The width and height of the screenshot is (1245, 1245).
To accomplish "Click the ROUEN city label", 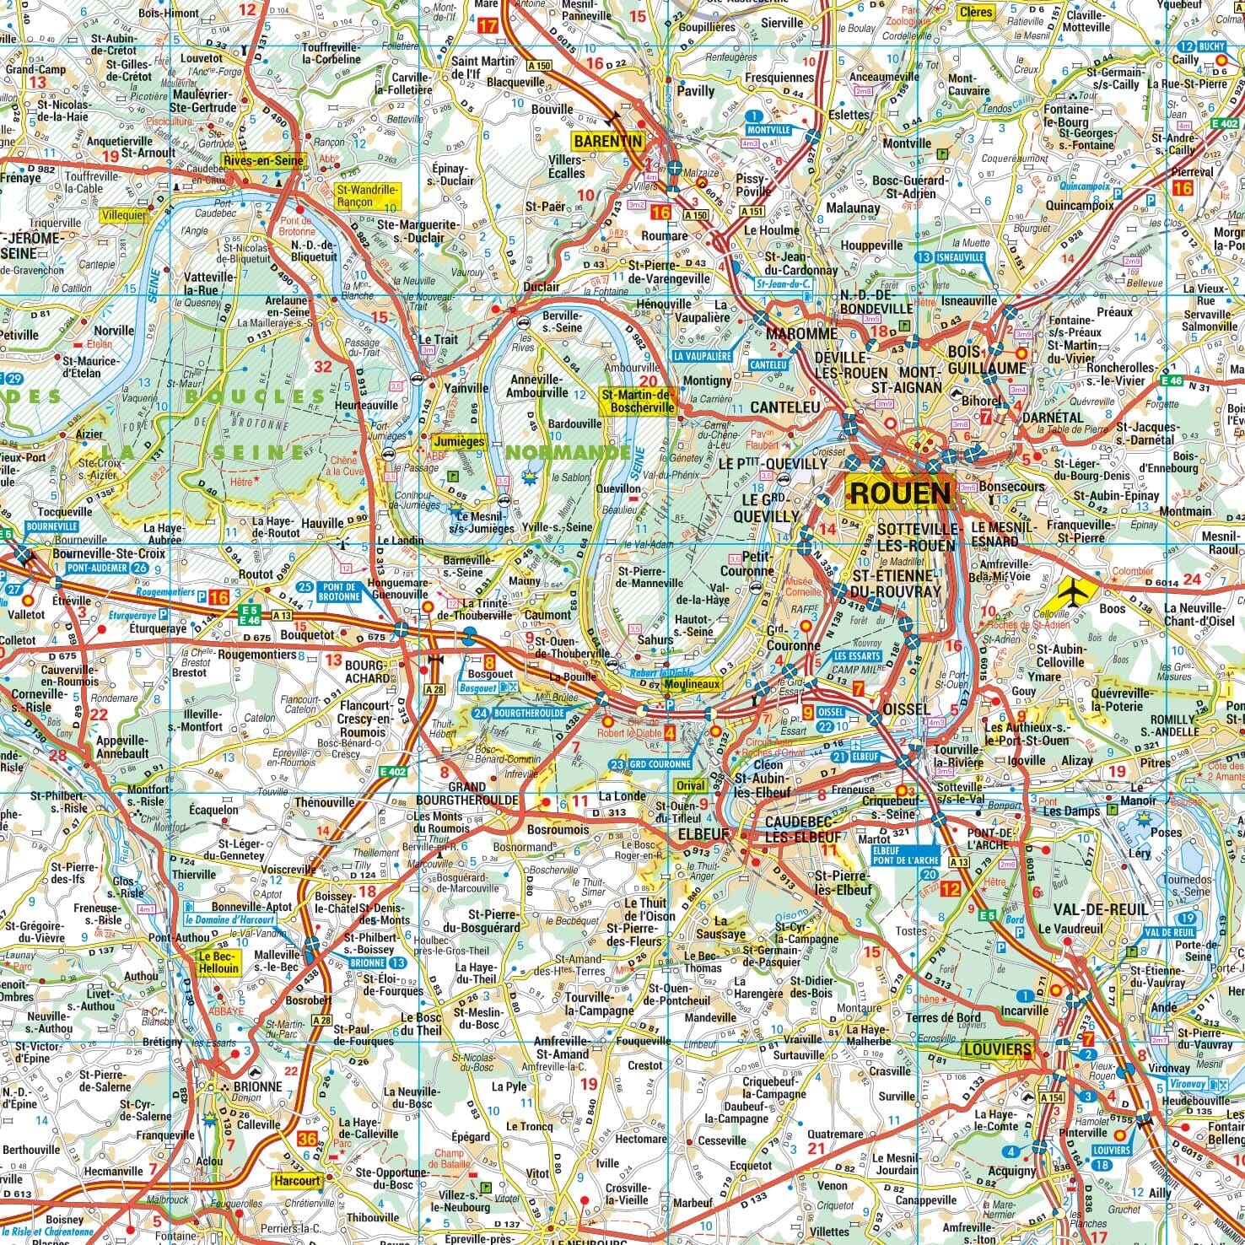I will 900,492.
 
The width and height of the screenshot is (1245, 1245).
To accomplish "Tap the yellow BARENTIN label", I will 607,141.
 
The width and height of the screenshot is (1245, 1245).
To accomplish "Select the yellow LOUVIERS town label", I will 997,1049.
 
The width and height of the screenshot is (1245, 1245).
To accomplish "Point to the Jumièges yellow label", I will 458,440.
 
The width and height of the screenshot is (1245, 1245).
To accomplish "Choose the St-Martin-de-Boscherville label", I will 639,401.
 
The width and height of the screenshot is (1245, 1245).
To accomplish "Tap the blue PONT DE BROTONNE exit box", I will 337,591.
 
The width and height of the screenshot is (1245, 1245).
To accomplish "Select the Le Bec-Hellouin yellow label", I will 217,963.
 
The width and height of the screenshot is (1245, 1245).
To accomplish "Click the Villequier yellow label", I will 123,215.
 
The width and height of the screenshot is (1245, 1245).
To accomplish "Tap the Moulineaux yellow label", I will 694,685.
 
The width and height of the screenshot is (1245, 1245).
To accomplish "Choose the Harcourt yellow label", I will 296,1181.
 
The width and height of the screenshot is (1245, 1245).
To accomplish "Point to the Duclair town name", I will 541,286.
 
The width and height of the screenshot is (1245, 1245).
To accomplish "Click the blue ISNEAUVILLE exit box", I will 961,257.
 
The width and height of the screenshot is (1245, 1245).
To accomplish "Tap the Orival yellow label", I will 690,785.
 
